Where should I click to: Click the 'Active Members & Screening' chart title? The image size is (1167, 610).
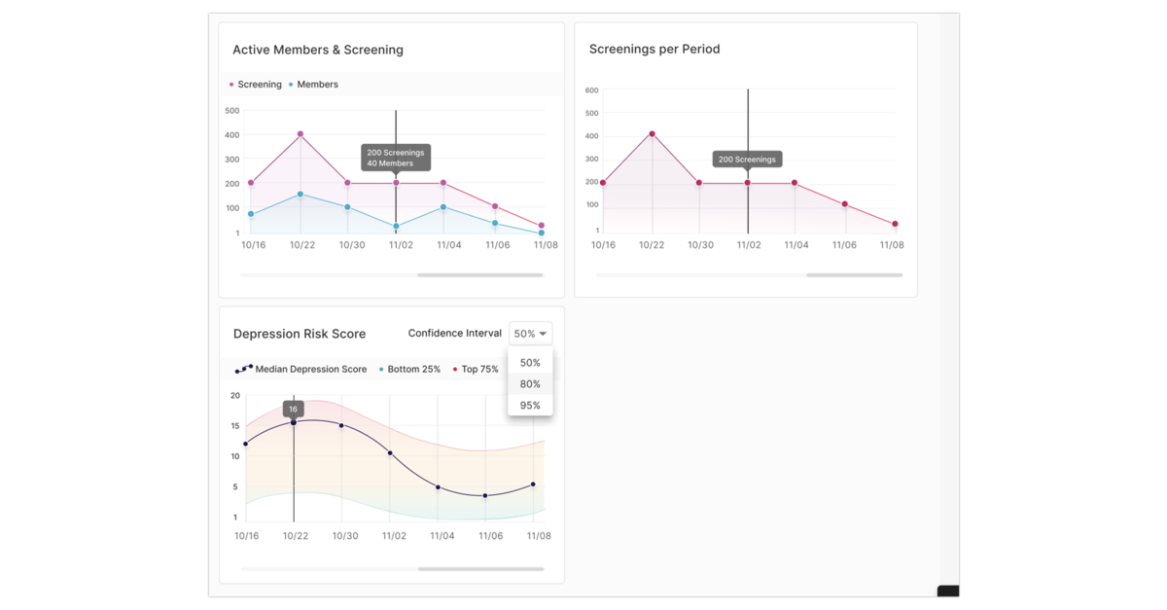click(x=317, y=50)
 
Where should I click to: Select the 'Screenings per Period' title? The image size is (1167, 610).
click(x=654, y=50)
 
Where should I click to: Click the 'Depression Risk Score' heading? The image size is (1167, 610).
click(x=300, y=334)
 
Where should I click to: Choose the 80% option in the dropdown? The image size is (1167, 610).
click(x=530, y=384)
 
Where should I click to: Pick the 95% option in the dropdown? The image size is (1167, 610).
click(x=530, y=406)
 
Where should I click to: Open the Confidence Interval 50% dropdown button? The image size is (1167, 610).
click(x=530, y=334)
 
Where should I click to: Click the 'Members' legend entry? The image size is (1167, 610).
click(x=317, y=85)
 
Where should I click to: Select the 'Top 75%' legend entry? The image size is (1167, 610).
click(x=479, y=370)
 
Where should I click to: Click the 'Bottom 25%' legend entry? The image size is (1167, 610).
click(x=413, y=370)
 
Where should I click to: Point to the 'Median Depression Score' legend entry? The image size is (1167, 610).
click(x=309, y=370)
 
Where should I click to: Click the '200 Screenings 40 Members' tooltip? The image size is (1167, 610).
click(x=396, y=158)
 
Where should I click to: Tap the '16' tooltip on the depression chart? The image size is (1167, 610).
click(x=294, y=410)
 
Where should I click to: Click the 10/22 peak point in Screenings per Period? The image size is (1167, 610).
click(x=652, y=134)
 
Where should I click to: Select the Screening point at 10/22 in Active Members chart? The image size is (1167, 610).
click(x=301, y=134)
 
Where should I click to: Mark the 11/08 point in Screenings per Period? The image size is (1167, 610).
click(x=895, y=224)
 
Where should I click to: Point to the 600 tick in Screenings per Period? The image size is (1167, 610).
click(x=591, y=90)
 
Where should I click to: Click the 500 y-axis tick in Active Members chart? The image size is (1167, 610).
click(x=231, y=111)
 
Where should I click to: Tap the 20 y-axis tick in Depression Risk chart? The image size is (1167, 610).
click(x=235, y=396)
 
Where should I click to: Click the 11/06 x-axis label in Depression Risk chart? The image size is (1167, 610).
click(x=491, y=536)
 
